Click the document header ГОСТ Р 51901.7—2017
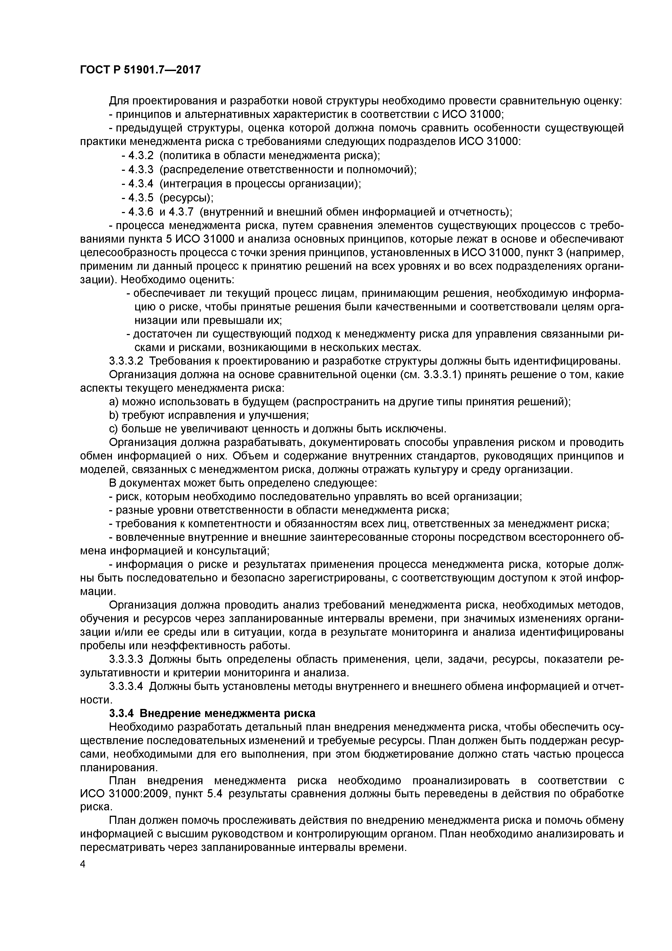click(x=140, y=70)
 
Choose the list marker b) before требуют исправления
click(x=114, y=415)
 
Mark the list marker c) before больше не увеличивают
click(x=114, y=429)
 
